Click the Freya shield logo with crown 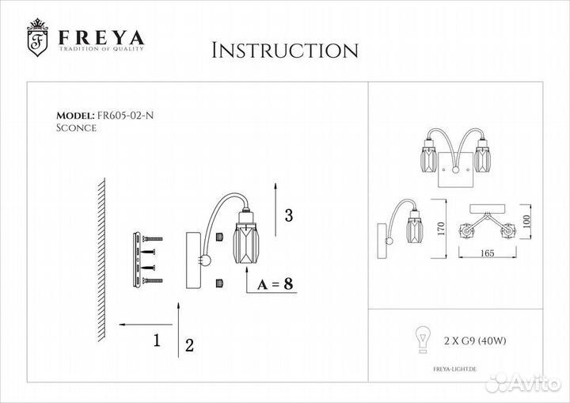[x=37, y=37]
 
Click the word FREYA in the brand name [x=102, y=37]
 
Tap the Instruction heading [x=285, y=50]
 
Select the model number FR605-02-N [x=125, y=116]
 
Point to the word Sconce [x=76, y=128]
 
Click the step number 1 [x=157, y=340]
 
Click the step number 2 [x=189, y=345]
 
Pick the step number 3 [x=289, y=215]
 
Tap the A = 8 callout [x=275, y=283]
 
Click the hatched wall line [x=101, y=260]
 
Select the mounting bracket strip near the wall [x=137, y=260]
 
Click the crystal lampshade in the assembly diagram [x=246, y=243]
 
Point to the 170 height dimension [x=441, y=229]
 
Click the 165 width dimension [x=487, y=253]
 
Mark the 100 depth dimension [x=526, y=222]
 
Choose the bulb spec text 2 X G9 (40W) [x=475, y=340]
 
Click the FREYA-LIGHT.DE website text [x=454, y=369]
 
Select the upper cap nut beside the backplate [x=219, y=237]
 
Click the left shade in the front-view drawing [x=428, y=159]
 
